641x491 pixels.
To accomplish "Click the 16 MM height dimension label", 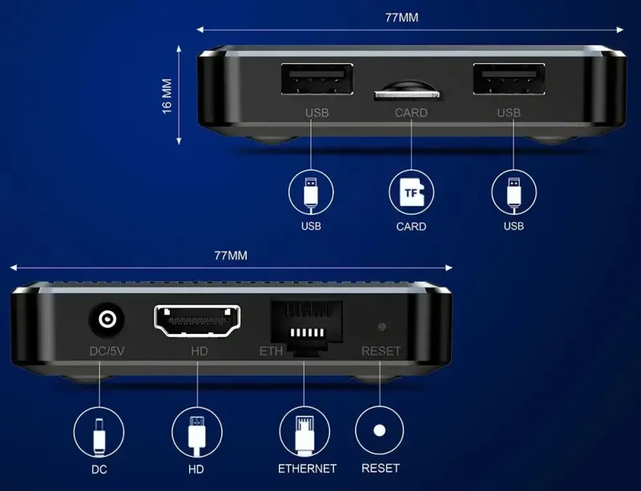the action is pos(167,96).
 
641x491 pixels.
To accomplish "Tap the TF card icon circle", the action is pos(411,192).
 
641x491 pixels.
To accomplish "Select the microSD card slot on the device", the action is pos(408,91).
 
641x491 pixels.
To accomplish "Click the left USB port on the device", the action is pos(316,79).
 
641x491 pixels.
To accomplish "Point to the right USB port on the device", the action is pos(509,79).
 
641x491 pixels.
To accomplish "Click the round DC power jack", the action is pos(107,320).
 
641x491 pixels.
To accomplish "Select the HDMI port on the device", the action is pos(197,321).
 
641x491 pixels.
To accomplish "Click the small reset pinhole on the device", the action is pos(382,327).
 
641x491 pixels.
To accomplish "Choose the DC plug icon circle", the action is pos(99,433).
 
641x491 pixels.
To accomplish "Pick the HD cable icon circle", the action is pos(197,433).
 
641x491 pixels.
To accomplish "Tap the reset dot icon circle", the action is pos(379,430).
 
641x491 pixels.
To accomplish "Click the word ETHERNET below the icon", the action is pos(307,469).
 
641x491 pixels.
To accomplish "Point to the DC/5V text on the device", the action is pos(107,351).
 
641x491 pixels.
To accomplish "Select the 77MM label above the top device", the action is pos(402,18).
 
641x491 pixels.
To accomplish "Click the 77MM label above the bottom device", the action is pos(231,256).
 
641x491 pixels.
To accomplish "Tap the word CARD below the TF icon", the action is pos(411,227).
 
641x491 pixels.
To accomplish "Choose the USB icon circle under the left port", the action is pos(311,192).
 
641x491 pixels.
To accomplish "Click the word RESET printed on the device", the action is pos(381,351).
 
